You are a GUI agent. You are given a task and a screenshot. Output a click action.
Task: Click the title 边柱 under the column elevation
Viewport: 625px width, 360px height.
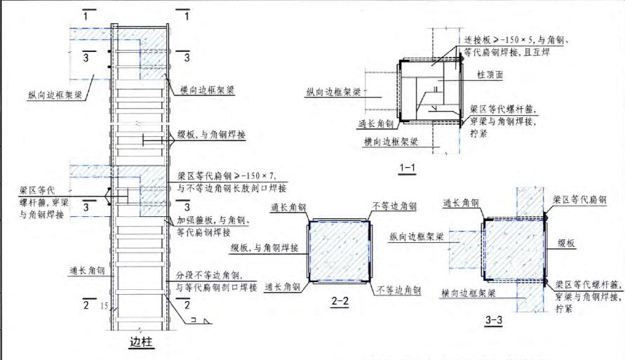pos(141,343)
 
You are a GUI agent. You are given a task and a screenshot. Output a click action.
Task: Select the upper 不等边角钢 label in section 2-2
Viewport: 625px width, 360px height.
pos(395,207)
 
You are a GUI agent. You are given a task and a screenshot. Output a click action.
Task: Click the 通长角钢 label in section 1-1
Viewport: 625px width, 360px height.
pos(375,122)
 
